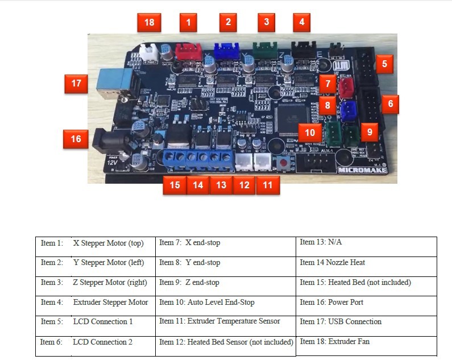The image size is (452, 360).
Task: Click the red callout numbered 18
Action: [149, 22]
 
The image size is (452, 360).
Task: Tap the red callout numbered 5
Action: [384, 64]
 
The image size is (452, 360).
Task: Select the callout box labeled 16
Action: [76, 139]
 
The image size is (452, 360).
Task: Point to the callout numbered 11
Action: [268, 185]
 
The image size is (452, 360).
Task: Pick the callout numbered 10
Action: [310, 133]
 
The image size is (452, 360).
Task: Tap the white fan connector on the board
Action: [149, 52]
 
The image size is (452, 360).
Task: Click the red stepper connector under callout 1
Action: [189, 52]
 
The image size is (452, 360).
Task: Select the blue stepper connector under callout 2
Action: [227, 51]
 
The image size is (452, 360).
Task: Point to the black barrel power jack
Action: [109, 142]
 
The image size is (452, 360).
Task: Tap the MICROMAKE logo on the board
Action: [362, 170]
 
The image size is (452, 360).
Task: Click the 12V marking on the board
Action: [112, 163]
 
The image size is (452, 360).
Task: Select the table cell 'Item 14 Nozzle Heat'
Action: [366, 267]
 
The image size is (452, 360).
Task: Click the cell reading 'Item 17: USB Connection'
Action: [366, 326]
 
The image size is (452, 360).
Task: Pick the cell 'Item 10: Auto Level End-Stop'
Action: [226, 306]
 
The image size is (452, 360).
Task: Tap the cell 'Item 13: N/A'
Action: [366, 247]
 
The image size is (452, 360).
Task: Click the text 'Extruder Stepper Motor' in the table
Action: [110, 303]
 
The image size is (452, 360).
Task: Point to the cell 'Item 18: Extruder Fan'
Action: [366, 346]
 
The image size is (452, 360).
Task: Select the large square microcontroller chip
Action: [292, 119]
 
